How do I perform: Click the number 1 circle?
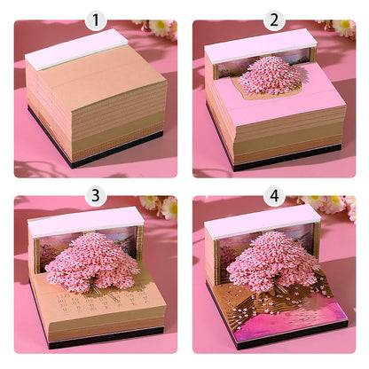pos(95,19)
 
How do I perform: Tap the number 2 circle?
pos(273,19)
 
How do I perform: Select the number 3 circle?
pos(95,195)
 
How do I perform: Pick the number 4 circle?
pos(273,195)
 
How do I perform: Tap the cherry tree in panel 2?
pos(269,75)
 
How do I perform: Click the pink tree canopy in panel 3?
pos(90,257)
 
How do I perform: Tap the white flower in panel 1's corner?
pos(161,27)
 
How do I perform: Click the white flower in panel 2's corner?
pos(341,27)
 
